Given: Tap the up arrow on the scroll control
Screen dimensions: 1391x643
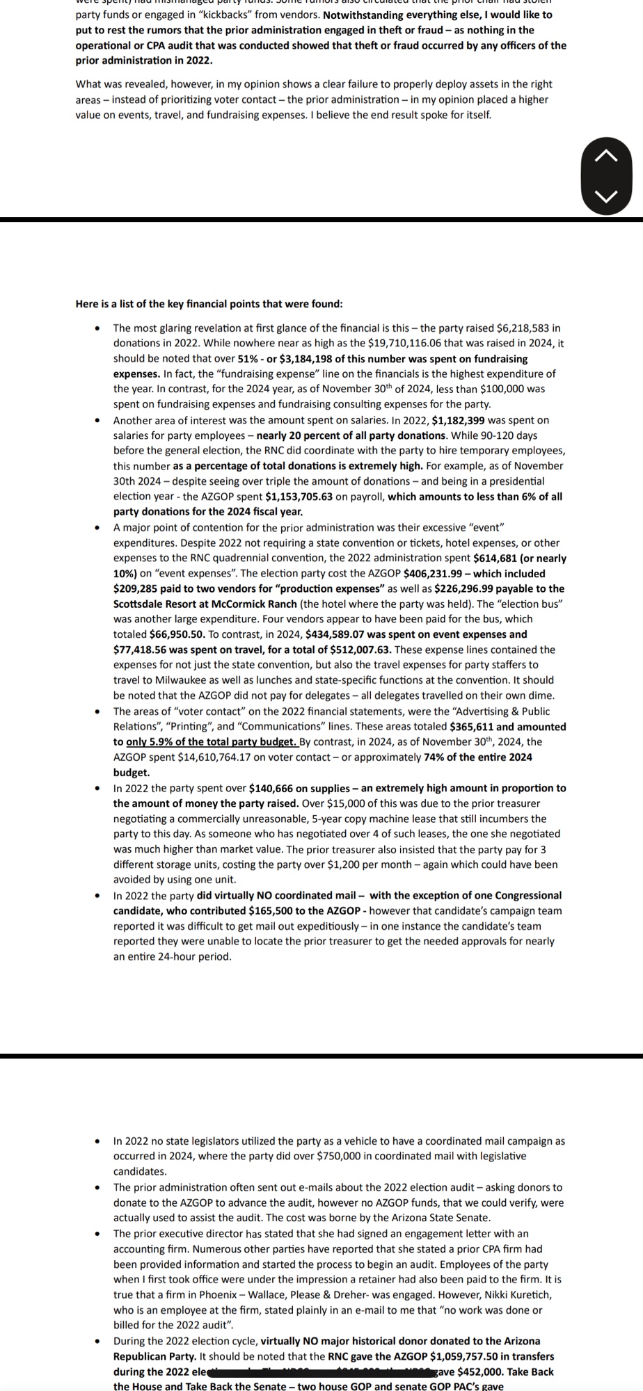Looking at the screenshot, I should pyautogui.click(x=607, y=156).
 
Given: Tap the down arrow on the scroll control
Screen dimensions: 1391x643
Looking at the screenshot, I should pyautogui.click(x=607, y=196).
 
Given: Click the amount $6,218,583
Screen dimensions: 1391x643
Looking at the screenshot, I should pyautogui.click(x=529, y=328).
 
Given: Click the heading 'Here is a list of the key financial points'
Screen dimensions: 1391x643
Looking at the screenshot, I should pyautogui.click(x=209, y=304).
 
